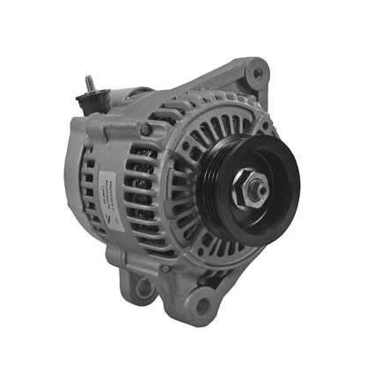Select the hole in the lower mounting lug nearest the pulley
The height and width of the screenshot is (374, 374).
[x=203, y=306]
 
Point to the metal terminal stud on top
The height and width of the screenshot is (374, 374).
[x=90, y=84]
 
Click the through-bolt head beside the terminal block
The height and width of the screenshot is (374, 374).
[x=145, y=130]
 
